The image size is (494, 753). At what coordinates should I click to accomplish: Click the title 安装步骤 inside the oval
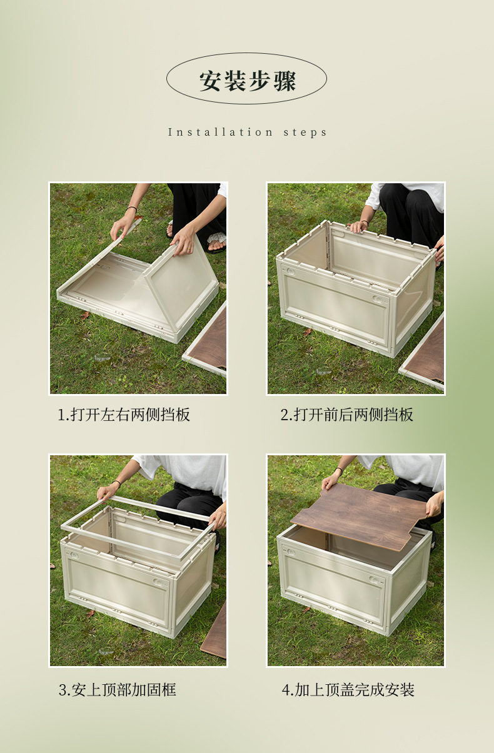tap(248, 81)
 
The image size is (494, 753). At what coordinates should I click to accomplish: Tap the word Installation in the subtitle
tap(220, 132)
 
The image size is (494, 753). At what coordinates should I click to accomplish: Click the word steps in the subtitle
tap(305, 133)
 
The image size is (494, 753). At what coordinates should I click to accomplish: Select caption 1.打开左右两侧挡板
tap(124, 415)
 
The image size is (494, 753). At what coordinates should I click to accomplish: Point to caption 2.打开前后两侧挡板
tap(347, 415)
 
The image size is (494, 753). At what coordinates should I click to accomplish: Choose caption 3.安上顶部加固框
tap(118, 690)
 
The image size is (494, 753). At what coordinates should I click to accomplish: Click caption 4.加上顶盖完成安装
tap(348, 690)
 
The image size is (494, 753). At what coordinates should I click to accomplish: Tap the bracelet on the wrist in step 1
tap(131, 209)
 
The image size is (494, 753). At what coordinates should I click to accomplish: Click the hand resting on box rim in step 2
tap(358, 227)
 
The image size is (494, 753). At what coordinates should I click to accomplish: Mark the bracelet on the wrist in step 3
tap(116, 483)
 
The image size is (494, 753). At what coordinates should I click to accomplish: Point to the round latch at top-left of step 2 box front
tap(290, 271)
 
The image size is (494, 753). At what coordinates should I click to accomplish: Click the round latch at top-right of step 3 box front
tap(158, 581)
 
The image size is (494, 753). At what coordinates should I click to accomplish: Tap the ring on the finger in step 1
tap(189, 248)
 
